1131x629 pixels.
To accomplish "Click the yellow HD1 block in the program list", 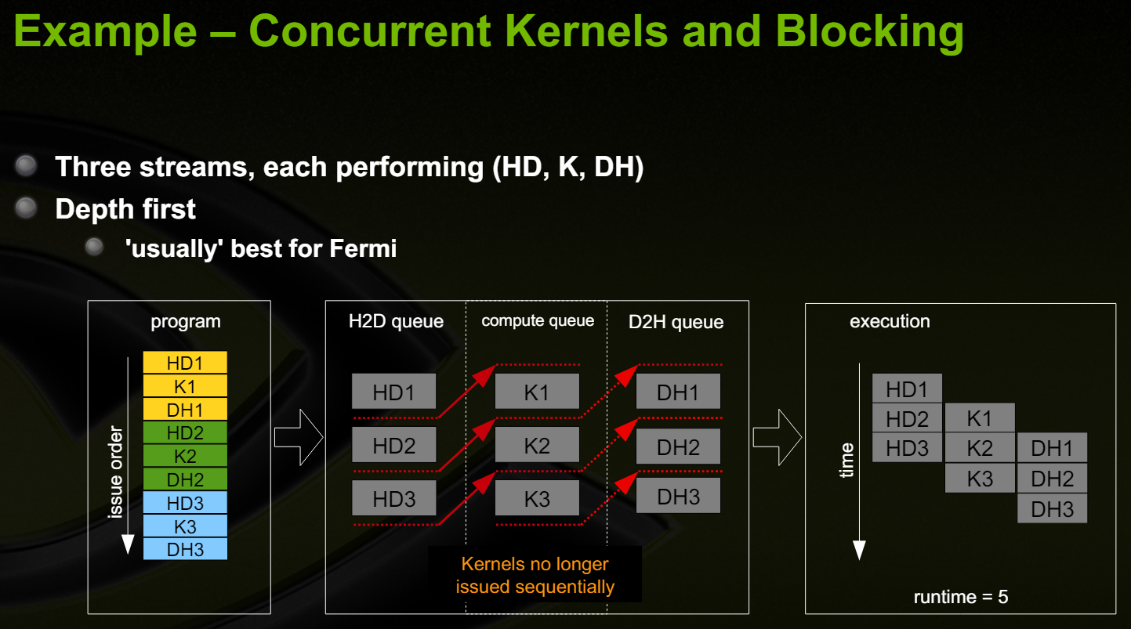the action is (x=185, y=363).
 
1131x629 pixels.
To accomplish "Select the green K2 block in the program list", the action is (x=185, y=456).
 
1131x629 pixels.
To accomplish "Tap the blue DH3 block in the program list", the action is (x=185, y=549).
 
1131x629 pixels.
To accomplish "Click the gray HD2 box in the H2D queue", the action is (x=393, y=445).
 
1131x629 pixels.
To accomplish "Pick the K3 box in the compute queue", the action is (x=537, y=498).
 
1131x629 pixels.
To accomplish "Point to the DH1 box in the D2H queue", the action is (x=678, y=392).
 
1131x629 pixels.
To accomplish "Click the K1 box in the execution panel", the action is (x=980, y=418).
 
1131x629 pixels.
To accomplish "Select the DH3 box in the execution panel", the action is (x=1052, y=508).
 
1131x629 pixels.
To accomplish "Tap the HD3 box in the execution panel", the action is (x=907, y=448).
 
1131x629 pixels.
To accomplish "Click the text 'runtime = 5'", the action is (x=961, y=597).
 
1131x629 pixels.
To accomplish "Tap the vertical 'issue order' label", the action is (x=116, y=472).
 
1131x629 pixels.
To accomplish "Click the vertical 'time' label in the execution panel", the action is (x=846, y=461).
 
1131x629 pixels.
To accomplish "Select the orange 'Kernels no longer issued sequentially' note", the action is (x=535, y=576).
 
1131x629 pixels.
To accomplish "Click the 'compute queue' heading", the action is (x=538, y=320).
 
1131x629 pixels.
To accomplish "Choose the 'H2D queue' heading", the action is (x=396, y=321).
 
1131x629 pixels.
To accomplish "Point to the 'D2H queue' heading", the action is (x=676, y=322).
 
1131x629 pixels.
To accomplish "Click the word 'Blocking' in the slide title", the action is (x=870, y=33).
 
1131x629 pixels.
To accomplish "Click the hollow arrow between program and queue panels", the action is (x=299, y=437).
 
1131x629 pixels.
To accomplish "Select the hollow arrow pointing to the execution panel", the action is (x=777, y=437).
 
